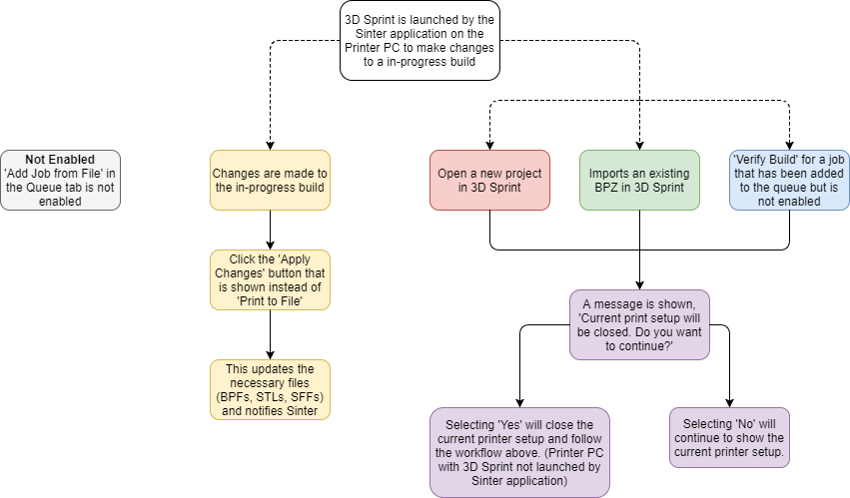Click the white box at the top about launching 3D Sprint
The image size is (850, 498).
420,41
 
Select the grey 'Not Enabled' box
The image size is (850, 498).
60,180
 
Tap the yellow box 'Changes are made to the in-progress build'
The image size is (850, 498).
270,180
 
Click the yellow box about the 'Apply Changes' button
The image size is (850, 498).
270,280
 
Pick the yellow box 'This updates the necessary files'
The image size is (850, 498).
270,390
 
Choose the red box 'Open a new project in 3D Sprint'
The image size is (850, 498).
489,180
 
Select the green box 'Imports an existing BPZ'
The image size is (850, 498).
639,180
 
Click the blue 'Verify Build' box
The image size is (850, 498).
789,180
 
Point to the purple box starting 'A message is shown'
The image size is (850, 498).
639,324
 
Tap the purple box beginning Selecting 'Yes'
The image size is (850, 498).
518,451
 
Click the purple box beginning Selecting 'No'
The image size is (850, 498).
729,436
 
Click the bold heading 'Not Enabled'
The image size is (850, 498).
60,160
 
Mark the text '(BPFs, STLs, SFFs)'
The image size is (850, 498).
270,397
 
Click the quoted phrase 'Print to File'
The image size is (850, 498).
270,300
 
